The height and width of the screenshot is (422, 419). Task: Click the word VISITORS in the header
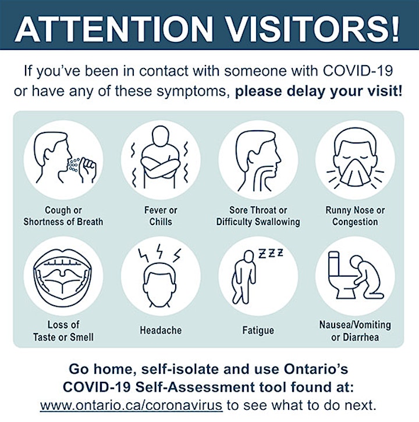coord(312,28)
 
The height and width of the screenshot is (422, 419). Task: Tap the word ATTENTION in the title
coord(114,28)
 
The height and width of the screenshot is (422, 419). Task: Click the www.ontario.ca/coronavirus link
coord(131,405)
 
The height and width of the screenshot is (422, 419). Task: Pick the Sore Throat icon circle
coord(258,160)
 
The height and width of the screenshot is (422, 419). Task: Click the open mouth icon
coord(62,277)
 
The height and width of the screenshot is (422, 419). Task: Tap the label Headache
coord(161,330)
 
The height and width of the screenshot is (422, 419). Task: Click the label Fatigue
coord(258,330)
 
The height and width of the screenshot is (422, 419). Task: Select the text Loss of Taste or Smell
coord(63,331)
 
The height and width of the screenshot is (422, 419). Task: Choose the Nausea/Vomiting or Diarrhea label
coord(355,331)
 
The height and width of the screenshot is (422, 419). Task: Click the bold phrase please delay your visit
coord(318,91)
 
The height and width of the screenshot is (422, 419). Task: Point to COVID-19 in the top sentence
coord(357,71)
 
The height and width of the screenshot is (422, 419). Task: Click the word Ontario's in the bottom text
coord(316,369)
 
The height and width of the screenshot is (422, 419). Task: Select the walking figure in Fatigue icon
coord(244,277)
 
